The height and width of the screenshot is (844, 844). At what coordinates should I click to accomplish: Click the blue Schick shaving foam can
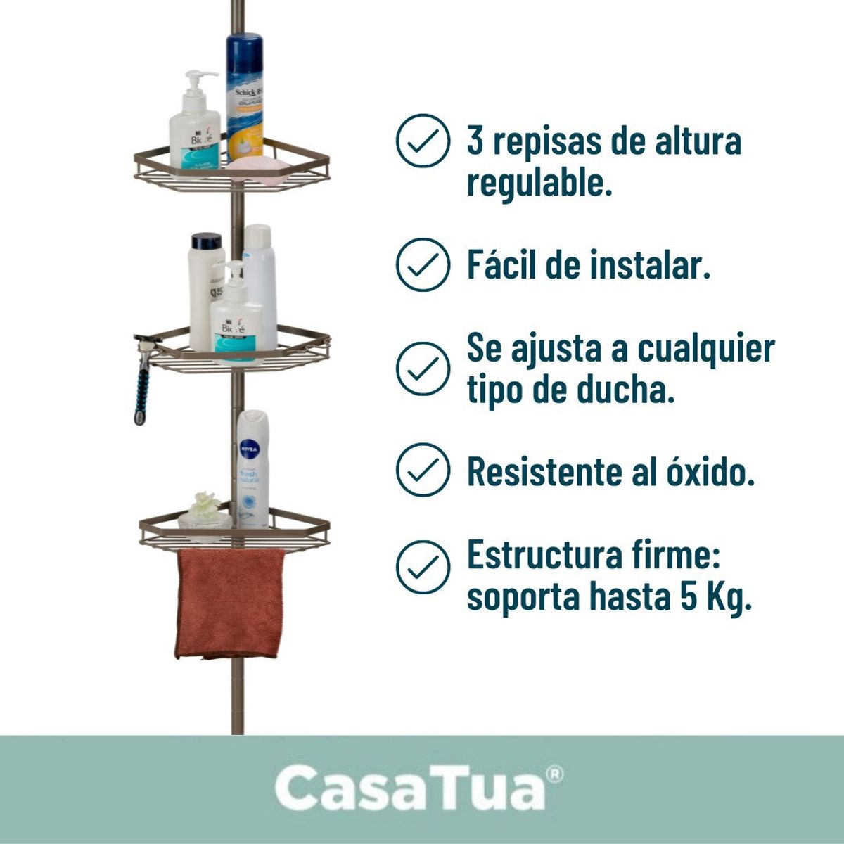click(244, 91)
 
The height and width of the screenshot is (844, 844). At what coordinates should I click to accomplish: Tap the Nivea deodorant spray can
click(252, 468)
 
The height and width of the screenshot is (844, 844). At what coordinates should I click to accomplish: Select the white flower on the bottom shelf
click(205, 505)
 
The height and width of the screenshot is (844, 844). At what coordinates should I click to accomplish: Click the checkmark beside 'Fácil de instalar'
click(423, 265)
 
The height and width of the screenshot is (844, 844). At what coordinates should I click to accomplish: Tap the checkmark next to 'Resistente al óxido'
click(423, 470)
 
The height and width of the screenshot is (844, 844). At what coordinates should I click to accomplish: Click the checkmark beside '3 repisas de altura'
click(423, 141)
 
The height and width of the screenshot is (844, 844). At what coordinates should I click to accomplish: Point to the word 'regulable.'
click(539, 184)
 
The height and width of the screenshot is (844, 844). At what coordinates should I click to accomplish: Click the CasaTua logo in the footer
click(411, 788)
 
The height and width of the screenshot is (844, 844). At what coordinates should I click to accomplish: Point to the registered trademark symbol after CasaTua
click(554, 774)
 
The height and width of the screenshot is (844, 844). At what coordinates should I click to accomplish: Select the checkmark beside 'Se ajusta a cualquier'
click(423, 368)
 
